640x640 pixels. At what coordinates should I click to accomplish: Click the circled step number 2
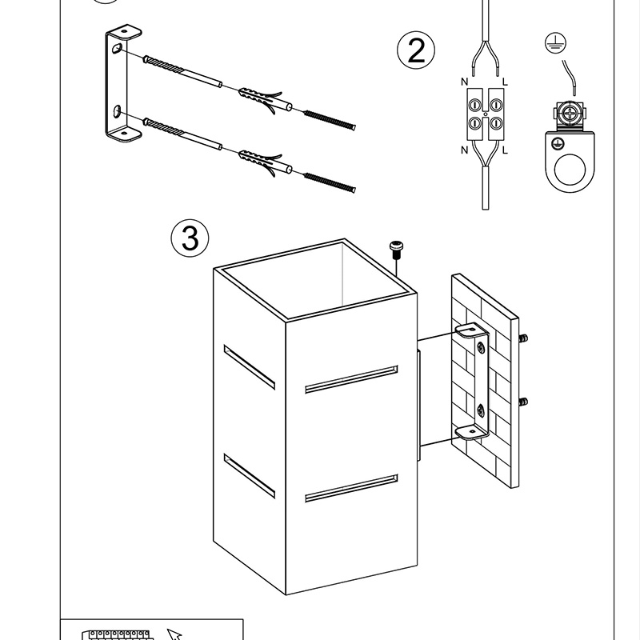416,51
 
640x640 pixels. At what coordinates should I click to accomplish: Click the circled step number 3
190,238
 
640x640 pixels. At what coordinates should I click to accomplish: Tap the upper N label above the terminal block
464,82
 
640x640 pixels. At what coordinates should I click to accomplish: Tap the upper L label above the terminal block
505,82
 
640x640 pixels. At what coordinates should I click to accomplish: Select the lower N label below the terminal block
464,150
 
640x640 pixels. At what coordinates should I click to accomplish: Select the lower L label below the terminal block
505,150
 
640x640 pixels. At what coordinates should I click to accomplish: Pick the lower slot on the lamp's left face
249,474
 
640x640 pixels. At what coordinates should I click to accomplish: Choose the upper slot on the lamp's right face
351,380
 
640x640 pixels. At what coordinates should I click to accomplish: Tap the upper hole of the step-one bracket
118,50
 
